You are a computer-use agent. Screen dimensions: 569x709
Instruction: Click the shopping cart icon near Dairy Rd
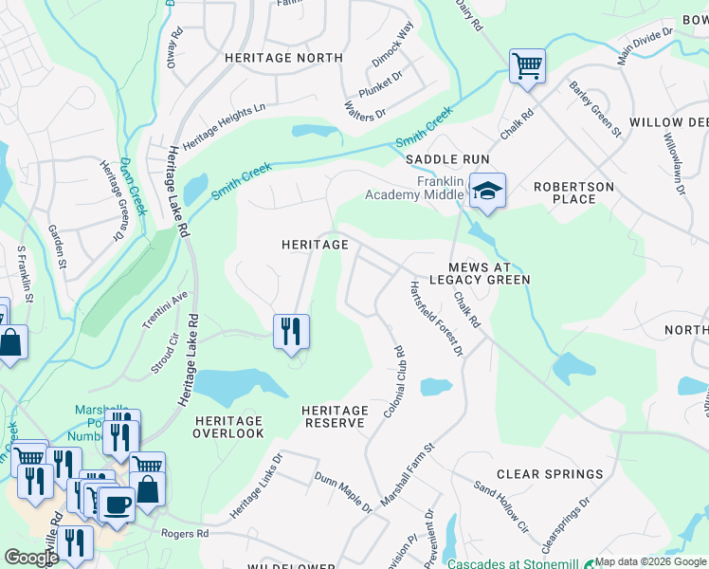click(527, 66)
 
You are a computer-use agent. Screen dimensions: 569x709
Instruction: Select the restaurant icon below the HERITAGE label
click(291, 331)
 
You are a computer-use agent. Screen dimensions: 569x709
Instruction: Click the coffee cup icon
click(118, 503)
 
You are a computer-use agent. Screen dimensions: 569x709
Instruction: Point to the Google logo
click(30, 558)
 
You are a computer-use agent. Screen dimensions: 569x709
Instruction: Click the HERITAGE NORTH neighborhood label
click(283, 58)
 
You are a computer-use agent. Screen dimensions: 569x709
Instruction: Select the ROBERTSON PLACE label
click(573, 193)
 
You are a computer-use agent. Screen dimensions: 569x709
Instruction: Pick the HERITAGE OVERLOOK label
click(228, 427)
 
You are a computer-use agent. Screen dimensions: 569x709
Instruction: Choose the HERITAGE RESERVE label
click(334, 416)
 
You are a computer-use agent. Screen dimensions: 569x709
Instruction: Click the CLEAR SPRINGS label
click(550, 474)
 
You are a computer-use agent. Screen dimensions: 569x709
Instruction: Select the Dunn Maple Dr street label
click(343, 493)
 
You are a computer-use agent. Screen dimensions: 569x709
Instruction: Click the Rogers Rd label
click(189, 534)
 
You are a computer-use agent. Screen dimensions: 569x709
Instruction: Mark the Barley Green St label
click(594, 108)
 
